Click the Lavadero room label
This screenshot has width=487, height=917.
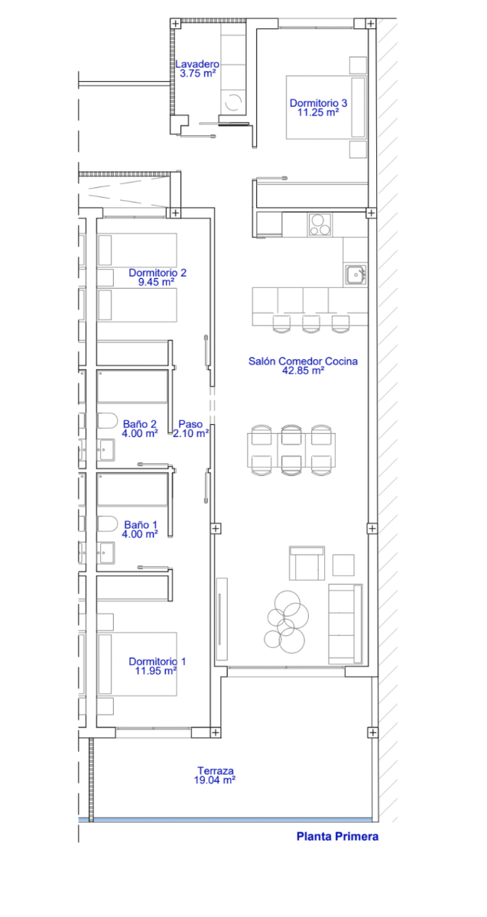(197, 64)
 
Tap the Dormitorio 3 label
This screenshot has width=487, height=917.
(318, 103)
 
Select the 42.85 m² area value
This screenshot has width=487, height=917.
(303, 371)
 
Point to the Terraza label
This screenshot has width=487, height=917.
(216, 771)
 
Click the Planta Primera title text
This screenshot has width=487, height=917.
(337, 836)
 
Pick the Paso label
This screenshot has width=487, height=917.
(190, 424)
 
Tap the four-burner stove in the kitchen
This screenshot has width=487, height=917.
(320, 225)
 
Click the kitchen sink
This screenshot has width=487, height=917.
(356, 274)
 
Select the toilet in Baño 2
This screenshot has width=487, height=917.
(107, 420)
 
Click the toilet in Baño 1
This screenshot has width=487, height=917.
(107, 523)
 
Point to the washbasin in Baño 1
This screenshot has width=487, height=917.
(106, 552)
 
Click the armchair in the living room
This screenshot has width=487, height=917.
(307, 563)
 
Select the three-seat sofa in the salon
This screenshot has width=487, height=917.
(346, 624)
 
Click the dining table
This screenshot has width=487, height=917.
(291, 450)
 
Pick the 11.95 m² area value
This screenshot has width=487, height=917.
(156, 671)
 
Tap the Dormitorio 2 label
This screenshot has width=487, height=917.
(157, 273)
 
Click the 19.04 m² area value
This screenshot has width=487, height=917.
(215, 780)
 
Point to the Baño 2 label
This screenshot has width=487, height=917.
(140, 424)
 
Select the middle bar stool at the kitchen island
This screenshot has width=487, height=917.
(311, 324)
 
